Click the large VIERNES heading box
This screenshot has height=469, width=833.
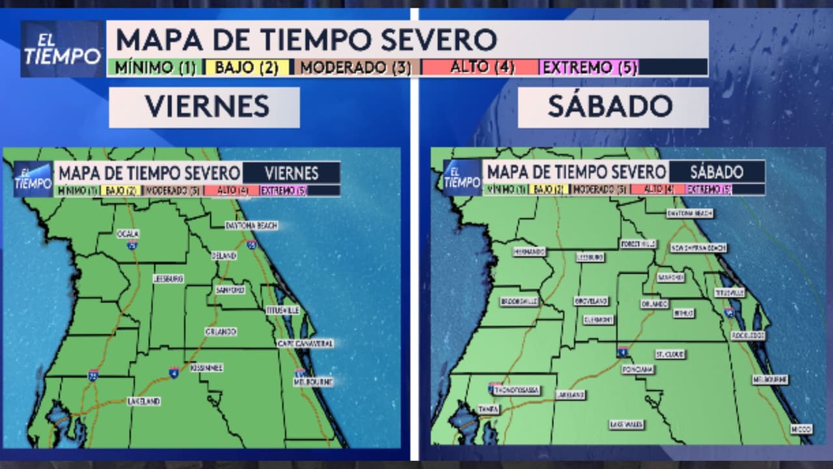coord(204,107)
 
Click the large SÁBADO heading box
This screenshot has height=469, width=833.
coord(612,107)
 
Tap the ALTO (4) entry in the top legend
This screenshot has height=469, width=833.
coord(480,67)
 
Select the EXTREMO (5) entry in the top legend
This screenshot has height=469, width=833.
coord(590,67)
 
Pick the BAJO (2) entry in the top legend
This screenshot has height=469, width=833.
coord(247,67)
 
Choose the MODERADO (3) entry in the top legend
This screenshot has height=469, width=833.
coord(356,67)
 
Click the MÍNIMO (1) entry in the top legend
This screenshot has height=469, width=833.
coord(155,67)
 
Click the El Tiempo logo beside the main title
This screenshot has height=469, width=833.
coord(62,50)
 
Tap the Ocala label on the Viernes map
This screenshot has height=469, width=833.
coord(128,233)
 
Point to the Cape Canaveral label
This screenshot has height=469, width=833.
coord(305,343)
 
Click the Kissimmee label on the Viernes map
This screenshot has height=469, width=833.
coord(207,368)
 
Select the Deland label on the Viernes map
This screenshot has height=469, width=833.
coord(224,256)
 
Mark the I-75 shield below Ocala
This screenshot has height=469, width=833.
coord(132,246)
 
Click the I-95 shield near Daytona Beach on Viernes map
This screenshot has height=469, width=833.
coord(251,245)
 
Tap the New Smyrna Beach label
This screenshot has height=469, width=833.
coord(698,248)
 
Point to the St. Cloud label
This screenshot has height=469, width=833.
coord(670,354)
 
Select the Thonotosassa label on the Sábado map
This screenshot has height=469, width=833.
coord(516,390)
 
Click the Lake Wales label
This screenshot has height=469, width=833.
coord(626,425)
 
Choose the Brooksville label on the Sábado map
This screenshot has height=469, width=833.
coord(519,302)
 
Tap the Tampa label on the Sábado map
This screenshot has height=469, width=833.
coord(488,409)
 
